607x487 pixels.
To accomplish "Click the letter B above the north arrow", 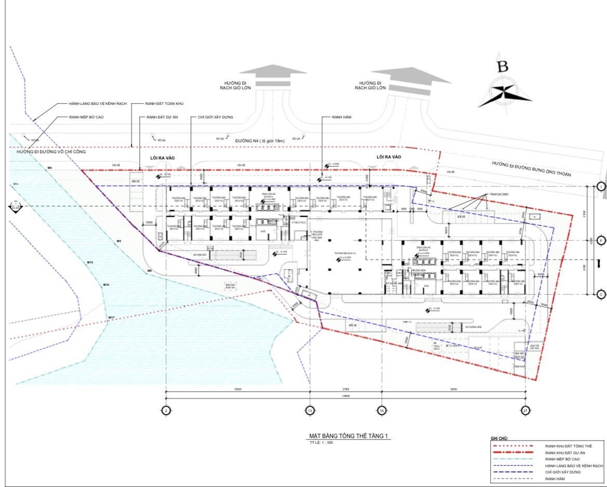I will pos(502,67).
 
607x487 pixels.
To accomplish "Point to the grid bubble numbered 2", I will pos(166,410).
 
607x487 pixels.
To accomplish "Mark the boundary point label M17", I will pos(111,317).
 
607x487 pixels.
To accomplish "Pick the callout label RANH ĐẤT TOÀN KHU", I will pos(169,104).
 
